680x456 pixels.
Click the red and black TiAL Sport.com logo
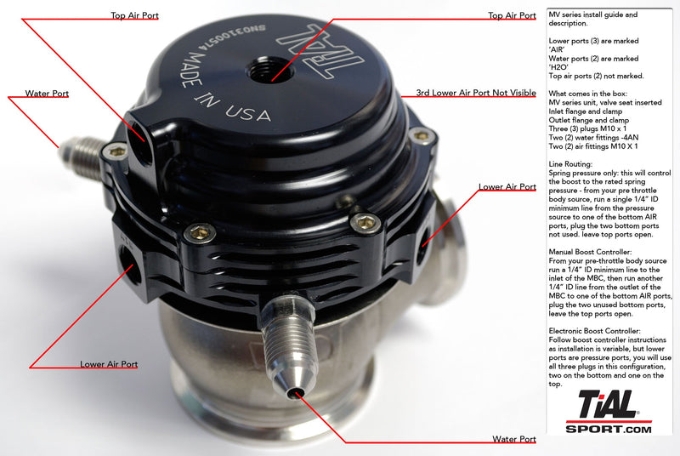(x=609, y=412)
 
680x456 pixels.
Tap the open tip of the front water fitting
(x=293, y=393)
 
